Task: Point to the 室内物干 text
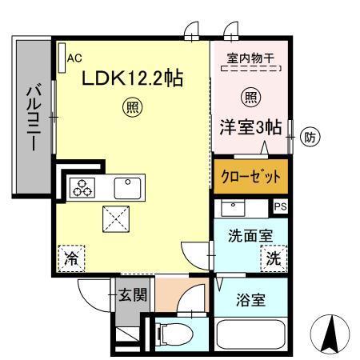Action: (x=251, y=58)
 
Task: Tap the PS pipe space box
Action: (x=279, y=206)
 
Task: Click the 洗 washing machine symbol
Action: (x=272, y=258)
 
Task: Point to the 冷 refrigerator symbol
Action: (x=71, y=258)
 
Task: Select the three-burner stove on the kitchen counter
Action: (x=82, y=189)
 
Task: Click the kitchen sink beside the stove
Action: (x=126, y=188)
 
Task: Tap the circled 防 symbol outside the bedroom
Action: (x=310, y=138)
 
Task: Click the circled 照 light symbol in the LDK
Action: (x=130, y=106)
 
